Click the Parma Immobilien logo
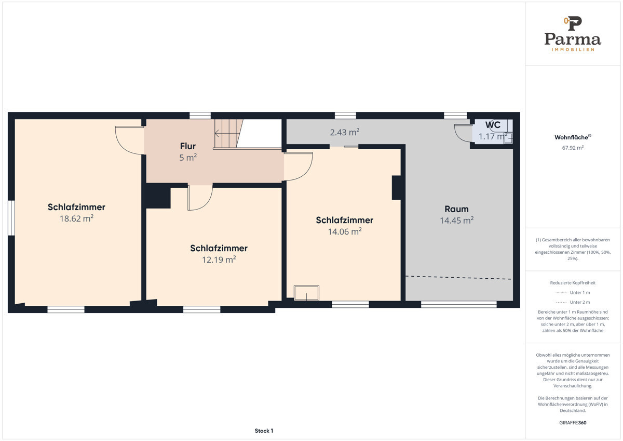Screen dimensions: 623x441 573,34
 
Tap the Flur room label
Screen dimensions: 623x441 188,146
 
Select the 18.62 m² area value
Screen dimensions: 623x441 76,218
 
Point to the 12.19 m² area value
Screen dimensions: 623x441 219,260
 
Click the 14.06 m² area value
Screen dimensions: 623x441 345,231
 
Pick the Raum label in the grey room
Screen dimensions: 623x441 456,209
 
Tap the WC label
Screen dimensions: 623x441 493,125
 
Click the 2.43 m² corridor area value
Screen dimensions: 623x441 345,132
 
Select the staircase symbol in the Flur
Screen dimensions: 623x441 228,134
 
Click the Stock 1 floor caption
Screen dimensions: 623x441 264,431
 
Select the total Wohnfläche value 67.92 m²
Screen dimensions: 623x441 573,148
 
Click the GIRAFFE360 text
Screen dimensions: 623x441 573,423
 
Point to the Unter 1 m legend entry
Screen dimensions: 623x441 573,292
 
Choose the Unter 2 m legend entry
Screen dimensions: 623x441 573,302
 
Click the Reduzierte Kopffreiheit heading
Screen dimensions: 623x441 573,283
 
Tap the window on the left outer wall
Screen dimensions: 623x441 11,218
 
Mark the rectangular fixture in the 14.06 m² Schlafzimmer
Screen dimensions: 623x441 306,293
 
